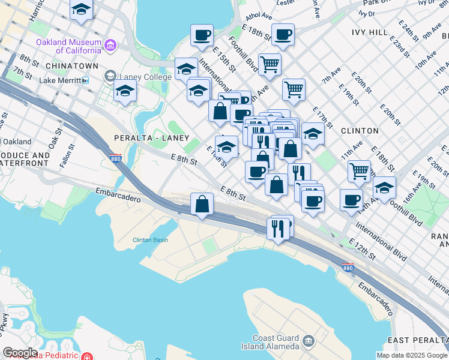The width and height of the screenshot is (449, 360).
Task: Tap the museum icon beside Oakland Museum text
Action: pos(110,45)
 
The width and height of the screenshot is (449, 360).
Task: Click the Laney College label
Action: pos(145,76)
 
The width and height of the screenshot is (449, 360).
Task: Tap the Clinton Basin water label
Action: pos(150,241)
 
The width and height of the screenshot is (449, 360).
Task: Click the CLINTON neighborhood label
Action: pos(360,130)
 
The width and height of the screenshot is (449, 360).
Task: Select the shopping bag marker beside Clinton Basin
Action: pos(202,204)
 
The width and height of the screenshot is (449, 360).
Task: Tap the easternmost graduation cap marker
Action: pos(384,187)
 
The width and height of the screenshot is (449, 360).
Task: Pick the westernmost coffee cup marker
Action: pos(202,35)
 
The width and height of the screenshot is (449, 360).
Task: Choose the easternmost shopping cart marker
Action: pos(359,171)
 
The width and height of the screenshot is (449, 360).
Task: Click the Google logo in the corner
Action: pos(20,352)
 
